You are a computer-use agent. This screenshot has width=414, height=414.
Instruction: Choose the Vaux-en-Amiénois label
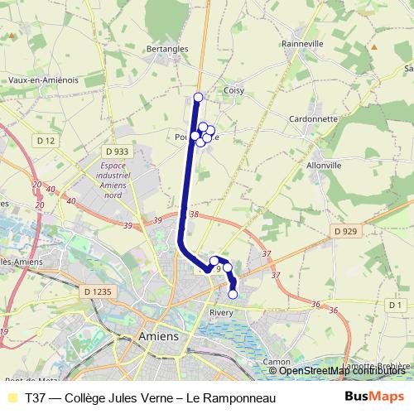coord(43,79)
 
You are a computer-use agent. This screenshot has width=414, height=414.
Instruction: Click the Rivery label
coord(222,312)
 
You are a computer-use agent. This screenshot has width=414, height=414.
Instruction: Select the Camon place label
coord(276,362)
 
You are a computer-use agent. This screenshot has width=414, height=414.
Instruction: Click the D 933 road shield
coord(118,152)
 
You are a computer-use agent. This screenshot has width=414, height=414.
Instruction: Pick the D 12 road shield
coord(46,141)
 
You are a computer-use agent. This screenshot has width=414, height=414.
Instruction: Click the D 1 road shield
coord(395,306)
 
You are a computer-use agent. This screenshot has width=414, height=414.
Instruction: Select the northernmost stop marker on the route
coord(198,98)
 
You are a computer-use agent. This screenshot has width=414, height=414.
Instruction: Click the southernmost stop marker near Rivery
coord(233,294)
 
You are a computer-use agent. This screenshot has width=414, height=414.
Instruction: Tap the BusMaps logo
coord(375,397)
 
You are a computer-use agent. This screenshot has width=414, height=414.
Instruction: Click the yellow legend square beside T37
coord(12,397)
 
